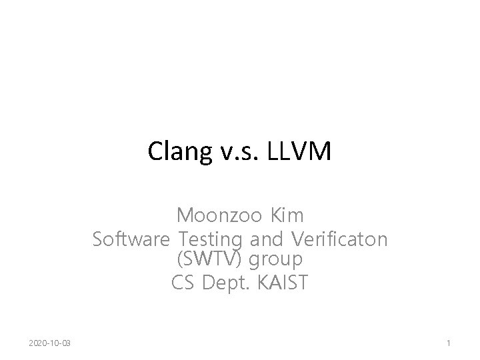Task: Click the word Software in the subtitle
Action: pyautogui.click(x=132, y=239)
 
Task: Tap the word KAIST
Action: pyautogui.click(x=280, y=283)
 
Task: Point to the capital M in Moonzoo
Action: pyautogui.click(x=185, y=217)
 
